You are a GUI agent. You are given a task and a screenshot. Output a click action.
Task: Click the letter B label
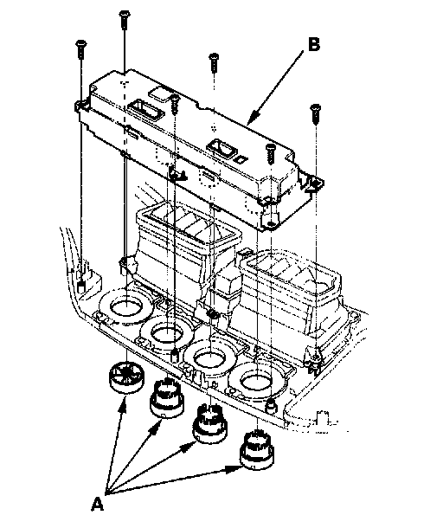point(314,44)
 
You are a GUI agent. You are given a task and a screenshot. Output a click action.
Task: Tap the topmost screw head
point(125,14)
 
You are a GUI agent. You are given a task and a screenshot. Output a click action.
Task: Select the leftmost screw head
point(81,43)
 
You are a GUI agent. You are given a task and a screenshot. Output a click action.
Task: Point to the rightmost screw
point(316,114)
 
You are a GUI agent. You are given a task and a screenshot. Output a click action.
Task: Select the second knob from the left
point(167,398)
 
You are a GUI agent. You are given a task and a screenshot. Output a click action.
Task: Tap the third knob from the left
point(209,423)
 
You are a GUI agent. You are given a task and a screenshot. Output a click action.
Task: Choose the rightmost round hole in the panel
point(257,382)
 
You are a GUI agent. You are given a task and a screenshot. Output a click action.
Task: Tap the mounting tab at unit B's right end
point(314,184)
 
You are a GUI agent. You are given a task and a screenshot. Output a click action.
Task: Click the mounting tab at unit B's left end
point(80,106)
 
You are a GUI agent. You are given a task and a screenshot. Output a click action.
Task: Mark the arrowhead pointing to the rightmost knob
point(232,469)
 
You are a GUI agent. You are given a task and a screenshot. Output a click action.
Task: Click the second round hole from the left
point(167,333)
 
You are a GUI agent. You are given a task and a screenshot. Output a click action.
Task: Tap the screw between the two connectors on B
point(175,105)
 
